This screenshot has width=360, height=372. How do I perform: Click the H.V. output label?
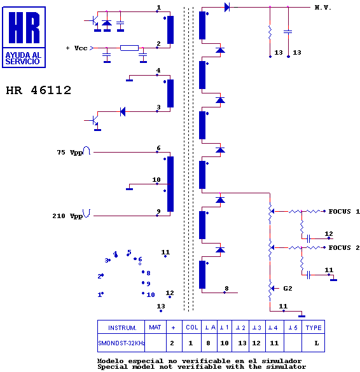[322, 8]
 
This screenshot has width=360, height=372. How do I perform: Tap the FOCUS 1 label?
[344, 211]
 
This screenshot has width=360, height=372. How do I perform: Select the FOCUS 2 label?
[344, 248]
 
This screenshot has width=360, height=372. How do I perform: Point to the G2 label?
[287, 289]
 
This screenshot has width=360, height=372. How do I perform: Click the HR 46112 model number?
[38, 90]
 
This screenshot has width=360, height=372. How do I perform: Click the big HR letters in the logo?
[24, 27]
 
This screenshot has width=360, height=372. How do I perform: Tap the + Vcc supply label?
[77, 48]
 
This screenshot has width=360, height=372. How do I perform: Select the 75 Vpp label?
[70, 153]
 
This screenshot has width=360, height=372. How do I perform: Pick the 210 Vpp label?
[67, 216]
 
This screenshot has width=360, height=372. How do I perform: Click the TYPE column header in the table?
[313, 327]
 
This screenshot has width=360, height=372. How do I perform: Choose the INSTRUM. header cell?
[122, 327]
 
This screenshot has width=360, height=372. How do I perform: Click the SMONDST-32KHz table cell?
[121, 343]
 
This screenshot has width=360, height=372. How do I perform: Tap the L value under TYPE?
[317, 343]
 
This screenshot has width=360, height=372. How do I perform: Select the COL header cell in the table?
[191, 327]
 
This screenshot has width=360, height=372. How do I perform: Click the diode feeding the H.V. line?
[227, 8]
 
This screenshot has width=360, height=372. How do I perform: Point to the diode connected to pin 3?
[123, 111]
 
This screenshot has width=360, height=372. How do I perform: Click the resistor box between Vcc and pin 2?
[129, 48]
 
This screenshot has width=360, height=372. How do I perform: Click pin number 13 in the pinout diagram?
[161, 306]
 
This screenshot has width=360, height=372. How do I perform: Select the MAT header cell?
[155, 327]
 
